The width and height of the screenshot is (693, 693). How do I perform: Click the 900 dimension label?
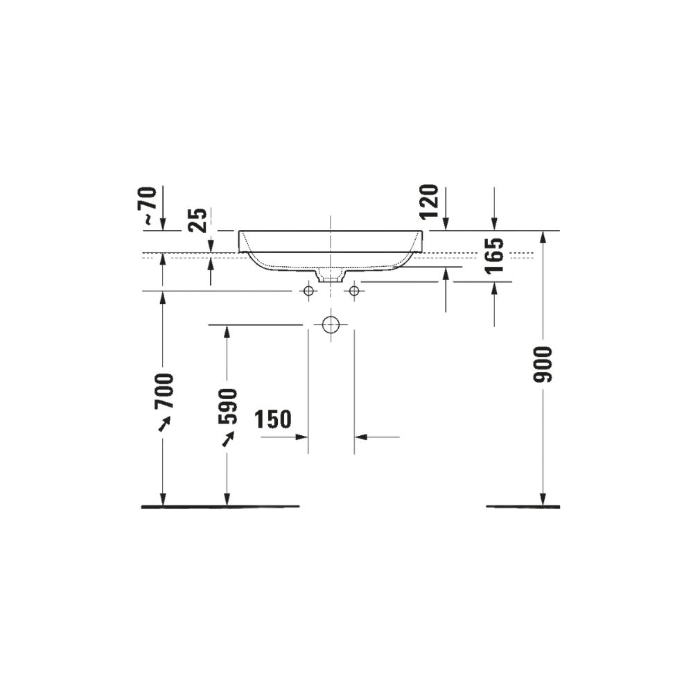click(543, 365)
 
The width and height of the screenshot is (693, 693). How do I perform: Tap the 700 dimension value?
click(163, 391)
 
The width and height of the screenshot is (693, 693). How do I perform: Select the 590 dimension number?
click(227, 406)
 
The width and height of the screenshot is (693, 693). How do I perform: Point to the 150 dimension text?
click(273, 419)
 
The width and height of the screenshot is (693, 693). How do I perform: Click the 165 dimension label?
click(494, 256)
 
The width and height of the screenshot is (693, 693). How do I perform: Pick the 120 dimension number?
click(429, 202)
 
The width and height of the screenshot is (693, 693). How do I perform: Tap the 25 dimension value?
click(198, 220)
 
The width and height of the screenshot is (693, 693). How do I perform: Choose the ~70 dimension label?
click(150, 206)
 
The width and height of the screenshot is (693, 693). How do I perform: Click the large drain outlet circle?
click(330, 325)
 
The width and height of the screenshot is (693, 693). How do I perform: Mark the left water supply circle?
click(308, 291)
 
